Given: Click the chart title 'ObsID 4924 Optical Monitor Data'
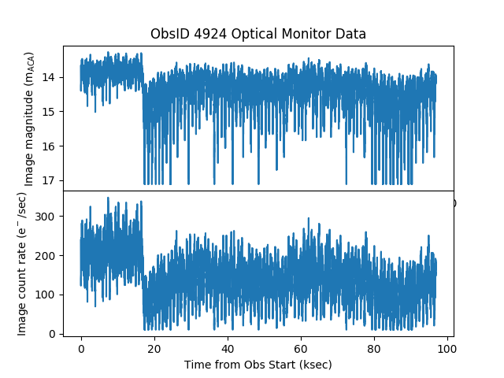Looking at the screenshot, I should pyautogui.click(x=258, y=35).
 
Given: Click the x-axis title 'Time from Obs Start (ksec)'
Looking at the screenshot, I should pyautogui.click(x=258, y=365).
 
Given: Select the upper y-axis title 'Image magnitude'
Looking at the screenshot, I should pyautogui.click(x=29, y=119).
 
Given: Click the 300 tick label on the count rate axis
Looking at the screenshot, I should pyautogui.click(x=46, y=216).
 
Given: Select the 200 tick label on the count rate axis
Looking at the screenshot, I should pyautogui.click(x=46, y=255).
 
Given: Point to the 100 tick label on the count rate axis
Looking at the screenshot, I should pyautogui.click(x=46, y=295).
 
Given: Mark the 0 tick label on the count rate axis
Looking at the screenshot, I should pyautogui.click(x=53, y=334).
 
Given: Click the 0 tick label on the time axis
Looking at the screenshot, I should pyautogui.click(x=81, y=348).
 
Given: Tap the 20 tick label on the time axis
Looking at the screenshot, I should pyautogui.click(x=154, y=348).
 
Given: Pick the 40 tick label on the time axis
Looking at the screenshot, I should pyautogui.click(x=228, y=348).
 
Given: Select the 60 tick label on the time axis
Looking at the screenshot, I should pyautogui.click(x=301, y=348).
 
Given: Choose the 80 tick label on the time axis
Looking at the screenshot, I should pyautogui.click(x=374, y=348).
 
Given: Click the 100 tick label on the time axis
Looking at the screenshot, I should pyautogui.click(x=447, y=348).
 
